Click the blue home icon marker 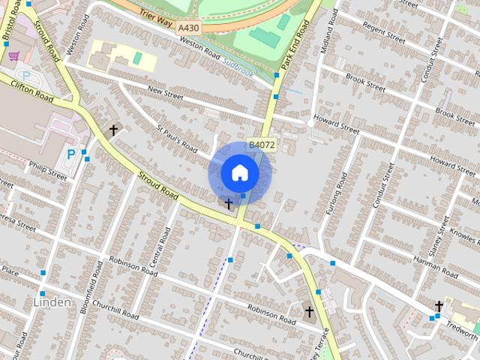point(239,172)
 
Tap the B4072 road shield point(262,145)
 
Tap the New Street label point(166,94)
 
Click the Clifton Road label point(32,92)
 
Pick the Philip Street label point(48,170)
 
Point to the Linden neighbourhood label point(52,302)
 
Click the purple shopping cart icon point(13,55)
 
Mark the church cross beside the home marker point(229,202)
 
